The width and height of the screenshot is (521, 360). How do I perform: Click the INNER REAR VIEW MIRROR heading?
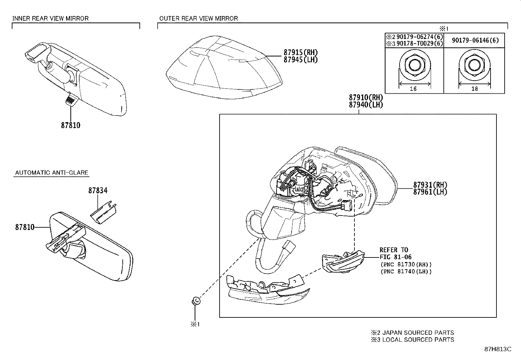50,18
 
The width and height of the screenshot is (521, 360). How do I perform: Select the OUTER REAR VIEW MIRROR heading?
198,18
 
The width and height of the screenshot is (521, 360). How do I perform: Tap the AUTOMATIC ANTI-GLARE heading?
52,173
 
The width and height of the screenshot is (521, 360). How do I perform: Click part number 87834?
98,190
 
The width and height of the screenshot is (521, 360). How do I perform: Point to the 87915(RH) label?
300,52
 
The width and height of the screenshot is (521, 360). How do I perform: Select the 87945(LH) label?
300,60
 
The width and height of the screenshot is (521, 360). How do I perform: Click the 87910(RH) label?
366,98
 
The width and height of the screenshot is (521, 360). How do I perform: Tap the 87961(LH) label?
430,192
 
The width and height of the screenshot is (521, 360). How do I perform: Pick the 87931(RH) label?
430,185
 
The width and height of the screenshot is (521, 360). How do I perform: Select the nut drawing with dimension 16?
414,66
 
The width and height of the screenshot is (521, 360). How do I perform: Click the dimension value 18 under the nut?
475,88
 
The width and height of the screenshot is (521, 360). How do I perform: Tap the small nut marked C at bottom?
195,300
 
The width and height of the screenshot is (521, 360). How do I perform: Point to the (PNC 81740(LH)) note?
406,272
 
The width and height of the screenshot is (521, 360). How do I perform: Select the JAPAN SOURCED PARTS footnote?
412,332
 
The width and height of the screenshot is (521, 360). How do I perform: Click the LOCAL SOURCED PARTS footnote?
412,340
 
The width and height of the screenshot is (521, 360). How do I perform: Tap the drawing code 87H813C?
497,349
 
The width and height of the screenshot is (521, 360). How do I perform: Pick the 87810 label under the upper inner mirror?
70,125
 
